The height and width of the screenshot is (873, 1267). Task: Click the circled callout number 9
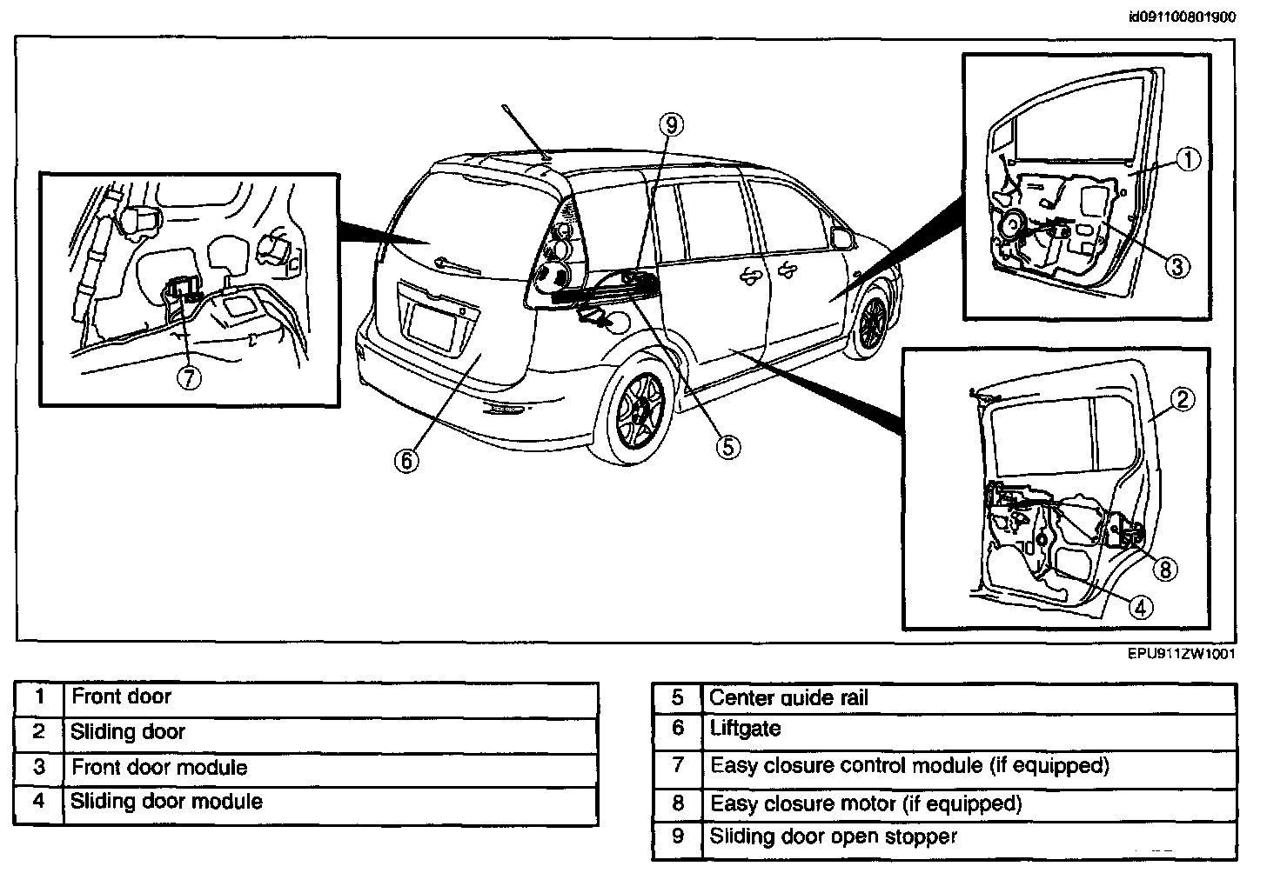click(670, 125)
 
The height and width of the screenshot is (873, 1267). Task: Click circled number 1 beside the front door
click(1189, 159)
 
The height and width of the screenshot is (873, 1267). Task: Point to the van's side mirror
click(841, 236)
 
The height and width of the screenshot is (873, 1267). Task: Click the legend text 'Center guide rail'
click(788, 697)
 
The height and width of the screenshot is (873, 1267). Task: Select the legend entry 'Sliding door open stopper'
click(833, 836)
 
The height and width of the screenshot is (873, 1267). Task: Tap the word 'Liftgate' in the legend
click(745, 728)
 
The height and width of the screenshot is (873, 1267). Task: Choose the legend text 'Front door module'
click(159, 767)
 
